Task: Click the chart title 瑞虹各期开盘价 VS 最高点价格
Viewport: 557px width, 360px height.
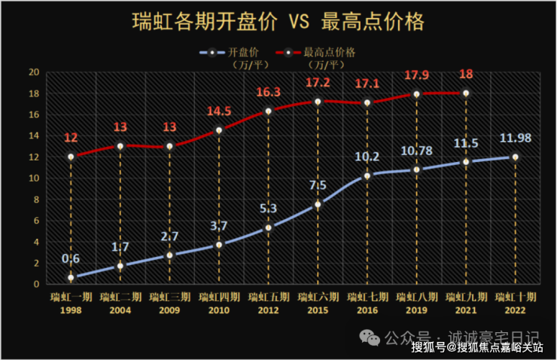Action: click(278, 21)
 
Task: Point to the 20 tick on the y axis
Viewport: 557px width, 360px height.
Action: click(33, 72)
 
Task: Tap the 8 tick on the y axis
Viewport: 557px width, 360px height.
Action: click(35, 200)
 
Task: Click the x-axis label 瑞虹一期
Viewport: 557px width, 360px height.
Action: click(71, 297)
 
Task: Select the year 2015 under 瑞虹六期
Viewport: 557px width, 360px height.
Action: click(318, 310)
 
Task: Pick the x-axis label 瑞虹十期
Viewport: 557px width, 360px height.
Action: click(516, 297)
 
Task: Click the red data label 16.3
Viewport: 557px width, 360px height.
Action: click(268, 93)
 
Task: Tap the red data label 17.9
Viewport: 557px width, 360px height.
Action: click(416, 76)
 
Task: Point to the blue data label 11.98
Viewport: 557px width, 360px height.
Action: click(516, 138)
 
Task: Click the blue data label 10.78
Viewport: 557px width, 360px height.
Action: click(416, 151)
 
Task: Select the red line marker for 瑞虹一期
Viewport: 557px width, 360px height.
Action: click(71, 157)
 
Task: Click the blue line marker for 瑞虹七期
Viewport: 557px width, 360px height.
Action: click(367, 175)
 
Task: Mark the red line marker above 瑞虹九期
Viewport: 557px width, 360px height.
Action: click(466, 93)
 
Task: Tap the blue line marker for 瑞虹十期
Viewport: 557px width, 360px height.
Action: click(516, 157)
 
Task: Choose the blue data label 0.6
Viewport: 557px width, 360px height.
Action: click(71, 259)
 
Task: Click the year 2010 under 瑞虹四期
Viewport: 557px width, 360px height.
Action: click(219, 310)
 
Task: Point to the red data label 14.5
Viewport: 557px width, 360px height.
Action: click(219, 111)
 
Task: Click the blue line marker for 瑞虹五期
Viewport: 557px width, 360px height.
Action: click(268, 227)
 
